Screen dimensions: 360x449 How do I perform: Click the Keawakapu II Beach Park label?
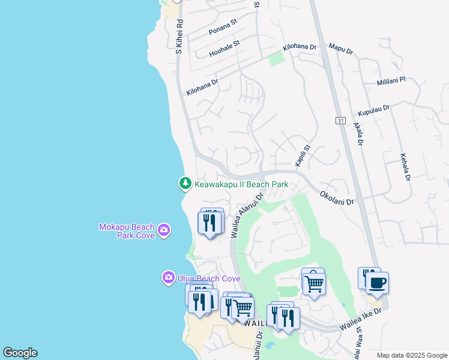241,184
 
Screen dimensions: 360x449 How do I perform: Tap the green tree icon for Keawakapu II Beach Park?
185,184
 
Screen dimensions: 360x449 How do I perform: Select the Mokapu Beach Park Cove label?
126,231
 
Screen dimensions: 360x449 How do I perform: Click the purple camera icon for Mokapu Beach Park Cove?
164,230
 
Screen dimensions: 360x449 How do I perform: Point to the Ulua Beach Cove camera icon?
168,278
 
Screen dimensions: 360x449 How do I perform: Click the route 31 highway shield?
340,121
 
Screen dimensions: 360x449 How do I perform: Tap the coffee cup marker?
377,283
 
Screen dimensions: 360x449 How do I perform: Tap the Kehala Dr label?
405,166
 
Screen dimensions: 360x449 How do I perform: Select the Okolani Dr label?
337,198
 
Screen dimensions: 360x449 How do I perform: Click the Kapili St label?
301,155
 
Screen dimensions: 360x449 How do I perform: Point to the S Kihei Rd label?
179,36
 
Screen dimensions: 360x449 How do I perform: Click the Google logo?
20,353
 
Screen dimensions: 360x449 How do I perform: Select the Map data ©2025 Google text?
411,355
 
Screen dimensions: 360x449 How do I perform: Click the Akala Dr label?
358,134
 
